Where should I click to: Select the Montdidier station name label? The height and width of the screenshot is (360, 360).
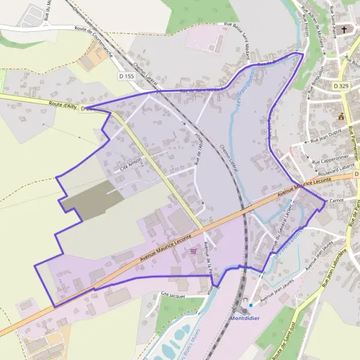(245, 318)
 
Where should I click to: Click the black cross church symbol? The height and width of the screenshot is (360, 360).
(344, 29)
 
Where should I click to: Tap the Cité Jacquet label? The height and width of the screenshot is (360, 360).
(175, 295)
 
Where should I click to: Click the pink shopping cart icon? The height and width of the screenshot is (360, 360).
(193, 253)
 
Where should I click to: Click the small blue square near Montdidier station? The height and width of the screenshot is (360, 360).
(251, 305)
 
